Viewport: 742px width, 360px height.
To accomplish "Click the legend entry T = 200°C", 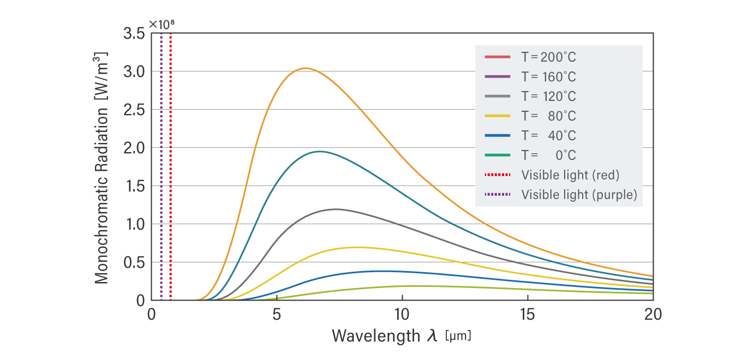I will (548, 57).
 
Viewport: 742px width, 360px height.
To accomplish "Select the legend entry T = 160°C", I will (548, 77).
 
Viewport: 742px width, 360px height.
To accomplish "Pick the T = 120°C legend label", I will (548, 97).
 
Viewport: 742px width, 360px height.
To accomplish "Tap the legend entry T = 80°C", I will (548, 116).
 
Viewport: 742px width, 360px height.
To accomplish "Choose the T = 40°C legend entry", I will (548, 136).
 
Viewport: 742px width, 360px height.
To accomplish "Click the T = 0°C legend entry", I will (548, 155).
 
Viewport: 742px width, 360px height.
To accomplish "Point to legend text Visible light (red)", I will (570, 175).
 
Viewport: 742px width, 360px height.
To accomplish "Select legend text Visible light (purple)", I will (579, 195).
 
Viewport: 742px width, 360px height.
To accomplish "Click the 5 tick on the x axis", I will (277, 315).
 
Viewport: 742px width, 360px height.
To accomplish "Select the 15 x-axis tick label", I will (528, 315).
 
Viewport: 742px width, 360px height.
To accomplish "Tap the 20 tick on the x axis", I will (653, 315).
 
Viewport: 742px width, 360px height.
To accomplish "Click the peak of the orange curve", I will (306, 68).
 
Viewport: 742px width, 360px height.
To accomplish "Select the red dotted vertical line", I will (171, 164).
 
